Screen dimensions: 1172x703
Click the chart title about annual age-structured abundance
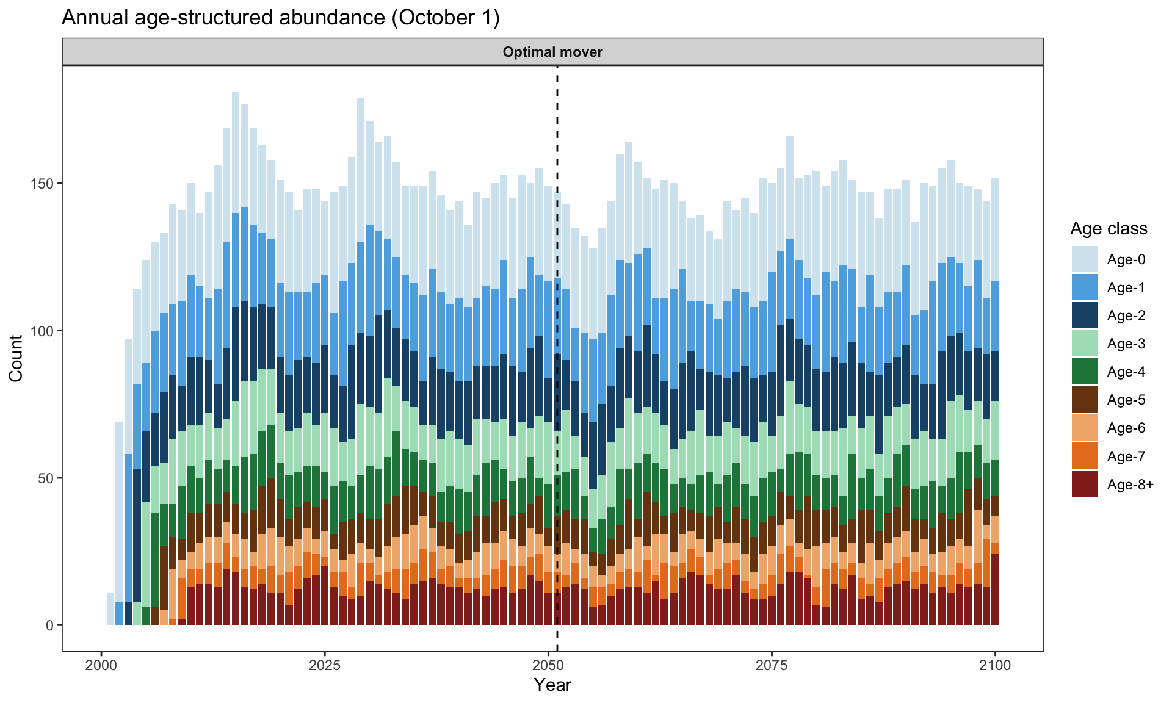click(x=281, y=18)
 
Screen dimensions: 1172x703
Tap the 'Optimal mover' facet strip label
click(x=552, y=52)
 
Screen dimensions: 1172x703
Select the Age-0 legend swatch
click(x=1084, y=259)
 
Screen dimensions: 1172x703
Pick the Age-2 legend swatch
click(x=1084, y=315)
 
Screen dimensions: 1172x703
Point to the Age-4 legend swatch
click(x=1084, y=372)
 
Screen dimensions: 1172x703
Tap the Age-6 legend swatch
click(x=1084, y=428)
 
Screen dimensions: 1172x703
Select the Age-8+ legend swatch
click(x=1084, y=485)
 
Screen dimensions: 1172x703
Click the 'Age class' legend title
click(x=1109, y=229)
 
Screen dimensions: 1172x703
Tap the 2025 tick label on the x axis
click(x=325, y=665)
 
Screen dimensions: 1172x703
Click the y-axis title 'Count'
click(x=16, y=358)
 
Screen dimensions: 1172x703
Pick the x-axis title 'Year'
click(x=552, y=685)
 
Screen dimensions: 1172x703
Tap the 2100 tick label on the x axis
click(x=996, y=665)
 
